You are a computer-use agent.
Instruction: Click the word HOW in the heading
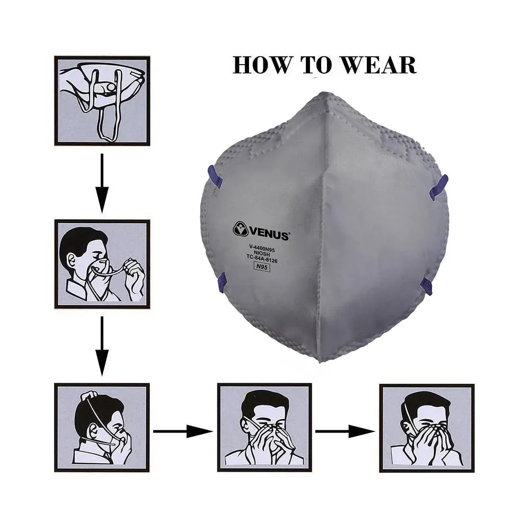[262, 65]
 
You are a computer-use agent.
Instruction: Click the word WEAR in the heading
[378, 65]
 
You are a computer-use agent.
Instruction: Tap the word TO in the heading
[316, 65]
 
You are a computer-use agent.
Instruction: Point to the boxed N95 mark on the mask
[262, 267]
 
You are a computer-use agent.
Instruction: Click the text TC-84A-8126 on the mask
[262, 259]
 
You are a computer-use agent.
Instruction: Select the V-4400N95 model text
[262, 249]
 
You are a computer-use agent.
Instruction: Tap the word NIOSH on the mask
[262, 253]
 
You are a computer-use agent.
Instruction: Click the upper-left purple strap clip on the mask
[215, 177]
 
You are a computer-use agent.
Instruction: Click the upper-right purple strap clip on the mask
[438, 188]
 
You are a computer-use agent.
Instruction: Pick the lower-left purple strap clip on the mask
[222, 282]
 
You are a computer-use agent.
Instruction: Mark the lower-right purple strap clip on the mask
[426, 287]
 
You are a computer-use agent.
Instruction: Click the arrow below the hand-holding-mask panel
[102, 183]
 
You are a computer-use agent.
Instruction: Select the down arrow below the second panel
[102, 347]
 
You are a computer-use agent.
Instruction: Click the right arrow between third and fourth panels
[183, 431]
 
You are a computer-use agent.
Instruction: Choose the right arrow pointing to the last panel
[345, 431]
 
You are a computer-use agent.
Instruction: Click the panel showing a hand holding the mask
[102, 101]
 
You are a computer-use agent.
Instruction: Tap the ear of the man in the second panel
[72, 260]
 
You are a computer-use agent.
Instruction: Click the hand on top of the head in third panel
[89, 395]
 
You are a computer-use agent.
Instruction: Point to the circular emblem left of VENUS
[241, 229]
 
